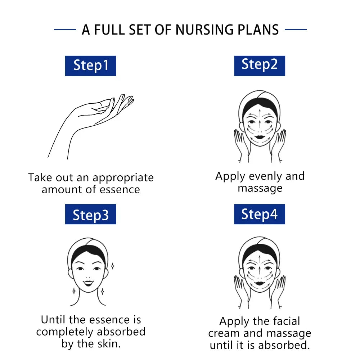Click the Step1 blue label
point(90,66)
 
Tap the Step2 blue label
point(260,66)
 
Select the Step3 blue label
point(90,214)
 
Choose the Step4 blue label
point(260,214)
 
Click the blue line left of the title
point(65,30)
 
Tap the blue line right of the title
point(296,30)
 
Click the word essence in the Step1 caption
point(120,190)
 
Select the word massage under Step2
point(260,189)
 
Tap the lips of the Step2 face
point(260,137)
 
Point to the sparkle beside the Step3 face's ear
point(112,266)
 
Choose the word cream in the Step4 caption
point(224,333)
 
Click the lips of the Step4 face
point(260,283)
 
